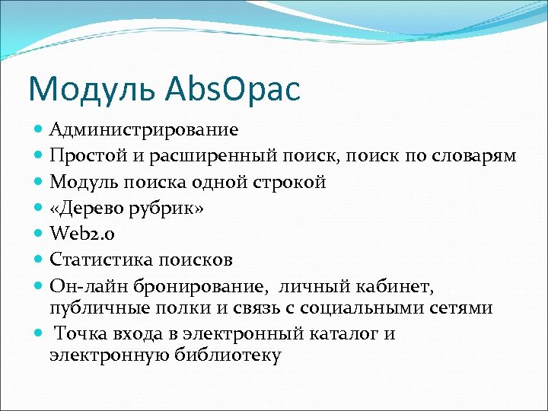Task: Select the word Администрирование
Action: point(144,130)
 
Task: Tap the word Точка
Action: point(82,334)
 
